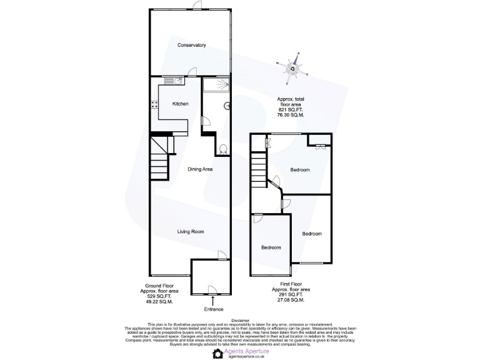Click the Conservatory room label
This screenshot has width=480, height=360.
point(191,45)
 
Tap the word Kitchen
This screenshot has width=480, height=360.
point(181,104)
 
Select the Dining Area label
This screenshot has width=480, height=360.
point(201,169)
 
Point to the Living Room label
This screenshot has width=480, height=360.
point(191,232)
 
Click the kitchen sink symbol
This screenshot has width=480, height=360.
point(171,81)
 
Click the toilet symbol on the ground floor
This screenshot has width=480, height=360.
point(223,148)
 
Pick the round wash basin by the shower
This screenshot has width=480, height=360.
point(227,105)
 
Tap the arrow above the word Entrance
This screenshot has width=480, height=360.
point(212,300)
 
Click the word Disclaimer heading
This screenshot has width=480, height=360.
point(239,319)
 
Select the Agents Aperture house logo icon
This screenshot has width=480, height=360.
point(217,353)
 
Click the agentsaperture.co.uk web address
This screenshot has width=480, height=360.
point(248,356)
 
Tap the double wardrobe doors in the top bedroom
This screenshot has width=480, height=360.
point(321,147)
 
